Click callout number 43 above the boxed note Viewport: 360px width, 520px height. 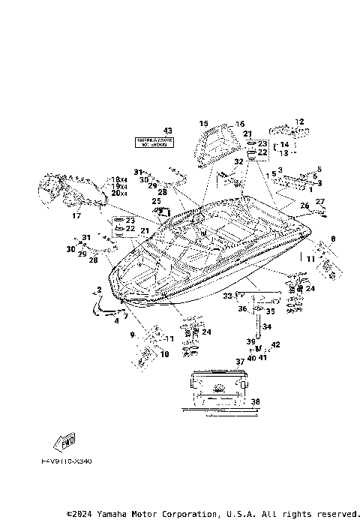coord(168,131)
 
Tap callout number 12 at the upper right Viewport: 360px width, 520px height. coord(298,122)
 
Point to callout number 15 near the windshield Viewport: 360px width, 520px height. coord(203,123)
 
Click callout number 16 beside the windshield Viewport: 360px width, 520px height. coord(240,124)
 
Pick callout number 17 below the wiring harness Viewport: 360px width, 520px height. coord(76,216)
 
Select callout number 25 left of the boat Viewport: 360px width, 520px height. coord(156,201)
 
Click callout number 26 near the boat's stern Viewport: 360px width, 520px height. coord(304,205)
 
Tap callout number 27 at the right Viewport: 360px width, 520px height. coord(319,201)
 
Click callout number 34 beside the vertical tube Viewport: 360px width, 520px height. coord(267,326)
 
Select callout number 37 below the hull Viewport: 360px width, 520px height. coord(240,361)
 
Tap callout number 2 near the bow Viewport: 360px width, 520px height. coord(98,289)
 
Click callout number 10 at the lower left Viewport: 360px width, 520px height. coord(164,354)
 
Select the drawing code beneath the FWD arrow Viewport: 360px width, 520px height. coord(67,461)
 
